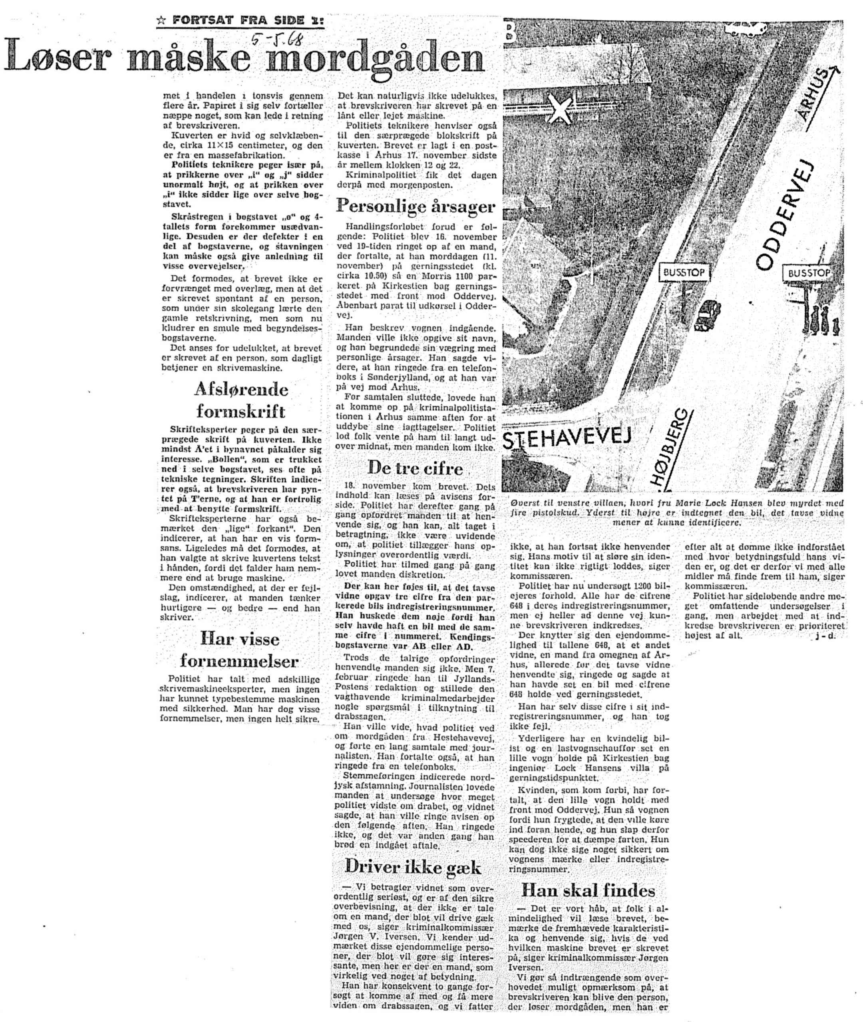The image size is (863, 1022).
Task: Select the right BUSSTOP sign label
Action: coord(809,273)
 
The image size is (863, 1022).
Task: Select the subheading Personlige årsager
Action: coord(416,206)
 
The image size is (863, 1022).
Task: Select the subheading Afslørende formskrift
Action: coord(241,400)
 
